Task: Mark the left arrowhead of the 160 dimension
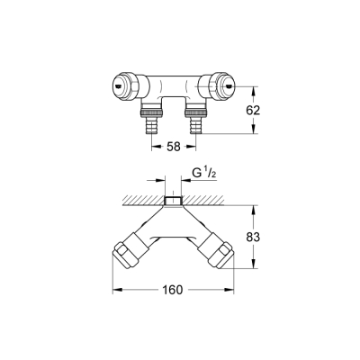(114, 291)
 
